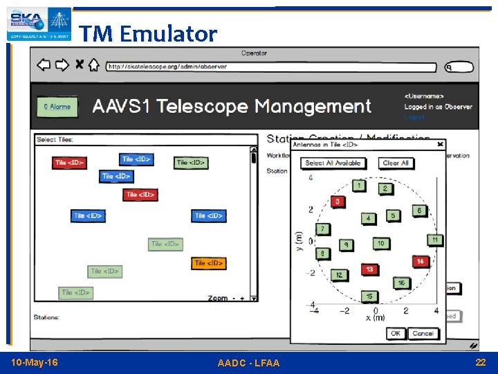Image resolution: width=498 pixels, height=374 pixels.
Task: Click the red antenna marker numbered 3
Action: coord(338,202)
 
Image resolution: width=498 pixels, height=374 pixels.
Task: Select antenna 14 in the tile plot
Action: coord(420,261)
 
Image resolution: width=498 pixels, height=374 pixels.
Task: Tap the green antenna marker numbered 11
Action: coord(434,240)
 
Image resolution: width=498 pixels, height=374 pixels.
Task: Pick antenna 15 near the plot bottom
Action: coord(369,296)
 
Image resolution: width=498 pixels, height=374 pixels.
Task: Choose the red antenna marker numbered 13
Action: coord(369,269)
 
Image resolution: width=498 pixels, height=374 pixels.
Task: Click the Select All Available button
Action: coord(333,163)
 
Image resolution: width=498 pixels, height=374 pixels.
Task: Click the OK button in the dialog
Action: coord(395,333)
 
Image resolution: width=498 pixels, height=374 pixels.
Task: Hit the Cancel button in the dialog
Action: coord(423,333)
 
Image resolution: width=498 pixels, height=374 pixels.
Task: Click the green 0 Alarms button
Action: coord(57,107)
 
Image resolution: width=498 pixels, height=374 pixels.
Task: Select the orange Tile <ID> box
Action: coord(208,263)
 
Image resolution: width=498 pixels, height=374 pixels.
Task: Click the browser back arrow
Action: coord(44,65)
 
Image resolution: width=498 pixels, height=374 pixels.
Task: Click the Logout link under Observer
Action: coord(414,117)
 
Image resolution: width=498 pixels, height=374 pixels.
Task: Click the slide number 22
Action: coord(481,363)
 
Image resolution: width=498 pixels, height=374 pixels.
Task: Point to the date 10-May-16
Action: coord(35,363)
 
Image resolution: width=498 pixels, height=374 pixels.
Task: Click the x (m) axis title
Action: coord(375,318)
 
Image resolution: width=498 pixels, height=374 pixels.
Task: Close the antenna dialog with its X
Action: coord(441,144)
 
